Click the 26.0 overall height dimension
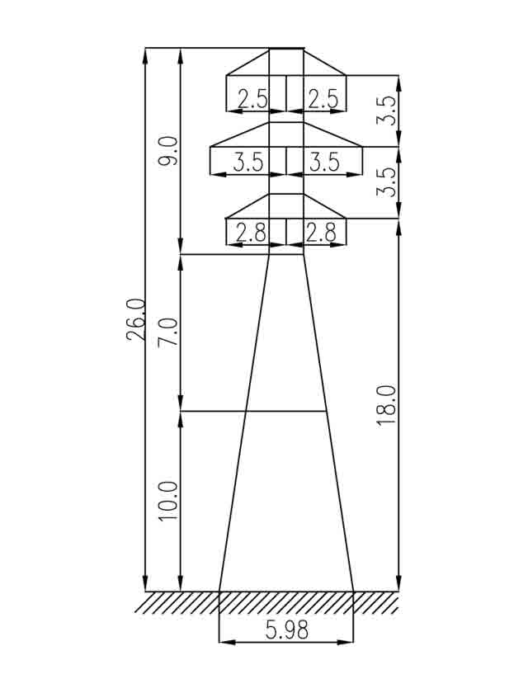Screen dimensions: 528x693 [135, 319]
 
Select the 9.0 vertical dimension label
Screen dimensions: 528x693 [168, 151]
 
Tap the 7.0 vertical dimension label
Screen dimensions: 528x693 [168, 332]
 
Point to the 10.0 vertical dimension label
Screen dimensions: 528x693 [168, 501]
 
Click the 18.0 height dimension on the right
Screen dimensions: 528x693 [386, 405]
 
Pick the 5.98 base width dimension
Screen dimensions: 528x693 [287, 629]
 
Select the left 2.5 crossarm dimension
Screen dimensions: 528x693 [252, 98]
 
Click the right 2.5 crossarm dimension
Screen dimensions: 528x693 [323, 98]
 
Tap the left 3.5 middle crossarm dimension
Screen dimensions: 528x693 [248, 162]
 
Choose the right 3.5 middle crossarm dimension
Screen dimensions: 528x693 [325, 162]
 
